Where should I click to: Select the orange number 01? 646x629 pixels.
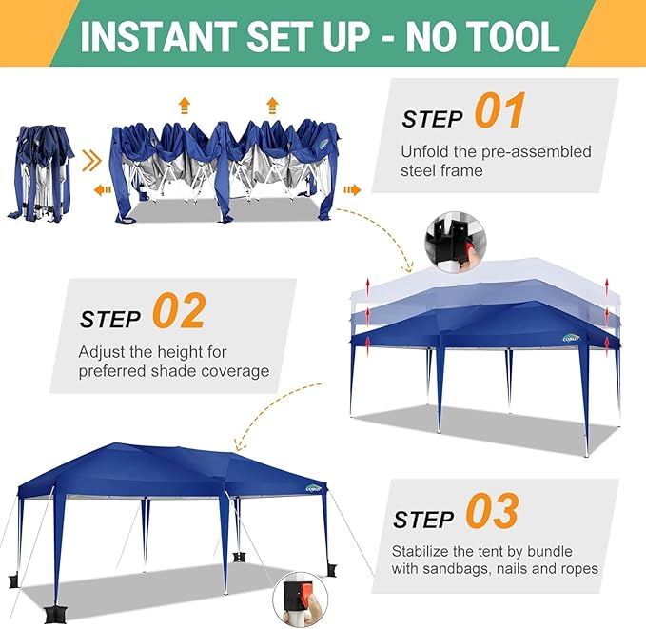click(x=499, y=110)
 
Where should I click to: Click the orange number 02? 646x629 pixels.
click(x=179, y=310)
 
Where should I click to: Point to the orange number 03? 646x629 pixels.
click(x=492, y=510)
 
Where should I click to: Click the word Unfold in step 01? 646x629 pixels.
click(x=424, y=151)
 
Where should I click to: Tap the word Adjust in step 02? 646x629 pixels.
click(x=102, y=352)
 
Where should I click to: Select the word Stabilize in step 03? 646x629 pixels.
click(x=421, y=551)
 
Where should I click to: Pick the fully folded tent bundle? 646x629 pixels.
click(x=40, y=173)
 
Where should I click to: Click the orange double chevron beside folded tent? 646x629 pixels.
click(x=91, y=160)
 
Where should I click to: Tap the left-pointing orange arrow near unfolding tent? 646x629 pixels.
click(x=102, y=190)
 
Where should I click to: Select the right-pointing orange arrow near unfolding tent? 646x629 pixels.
click(x=352, y=190)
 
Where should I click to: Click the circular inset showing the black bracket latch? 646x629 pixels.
click(x=456, y=243)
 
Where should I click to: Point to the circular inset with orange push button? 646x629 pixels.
click(x=301, y=599)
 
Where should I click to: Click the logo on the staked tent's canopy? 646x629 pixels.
click(x=314, y=488)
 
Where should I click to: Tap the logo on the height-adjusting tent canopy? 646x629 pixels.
click(x=571, y=338)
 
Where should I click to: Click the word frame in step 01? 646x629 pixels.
click(x=463, y=170)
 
